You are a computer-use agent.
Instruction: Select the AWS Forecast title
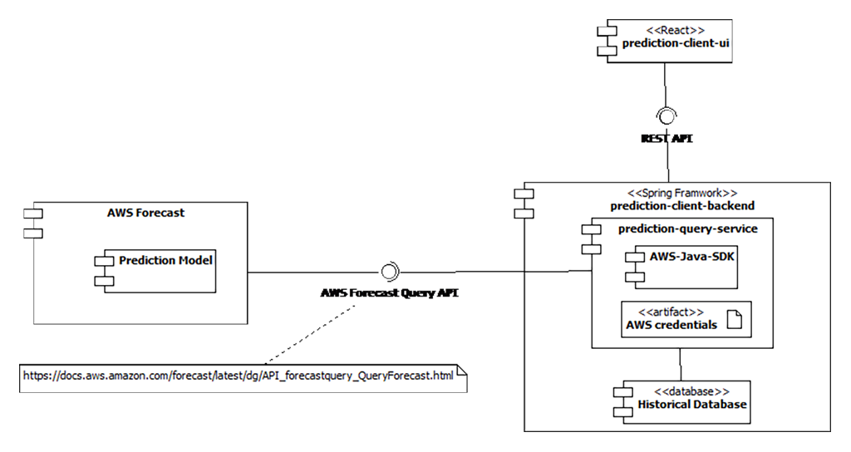146,213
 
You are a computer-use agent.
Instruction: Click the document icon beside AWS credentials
735,320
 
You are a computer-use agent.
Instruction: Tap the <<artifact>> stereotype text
670,312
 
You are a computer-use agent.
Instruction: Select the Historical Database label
692,405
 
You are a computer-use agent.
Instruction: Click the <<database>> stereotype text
692,391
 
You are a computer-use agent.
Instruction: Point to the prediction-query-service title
688,227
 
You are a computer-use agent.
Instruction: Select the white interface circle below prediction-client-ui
667,116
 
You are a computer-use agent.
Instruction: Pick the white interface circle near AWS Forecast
387,272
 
